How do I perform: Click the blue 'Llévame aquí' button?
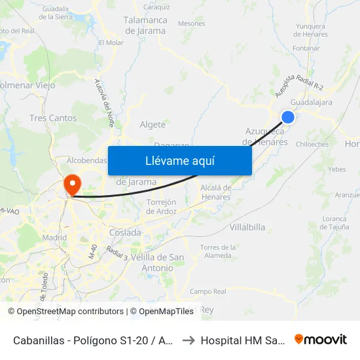[x=179, y=160]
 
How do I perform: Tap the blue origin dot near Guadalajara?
[x=287, y=117]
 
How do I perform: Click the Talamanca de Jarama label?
[x=145, y=26]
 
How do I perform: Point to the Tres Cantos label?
[x=53, y=118]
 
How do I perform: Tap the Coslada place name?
[x=125, y=232]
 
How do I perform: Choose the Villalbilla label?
[x=247, y=227]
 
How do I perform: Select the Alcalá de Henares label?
[x=217, y=192]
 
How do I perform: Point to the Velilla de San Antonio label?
[x=157, y=262]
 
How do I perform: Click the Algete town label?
[x=153, y=124]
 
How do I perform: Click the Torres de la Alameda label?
[x=219, y=251]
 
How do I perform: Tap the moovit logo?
[x=320, y=339]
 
